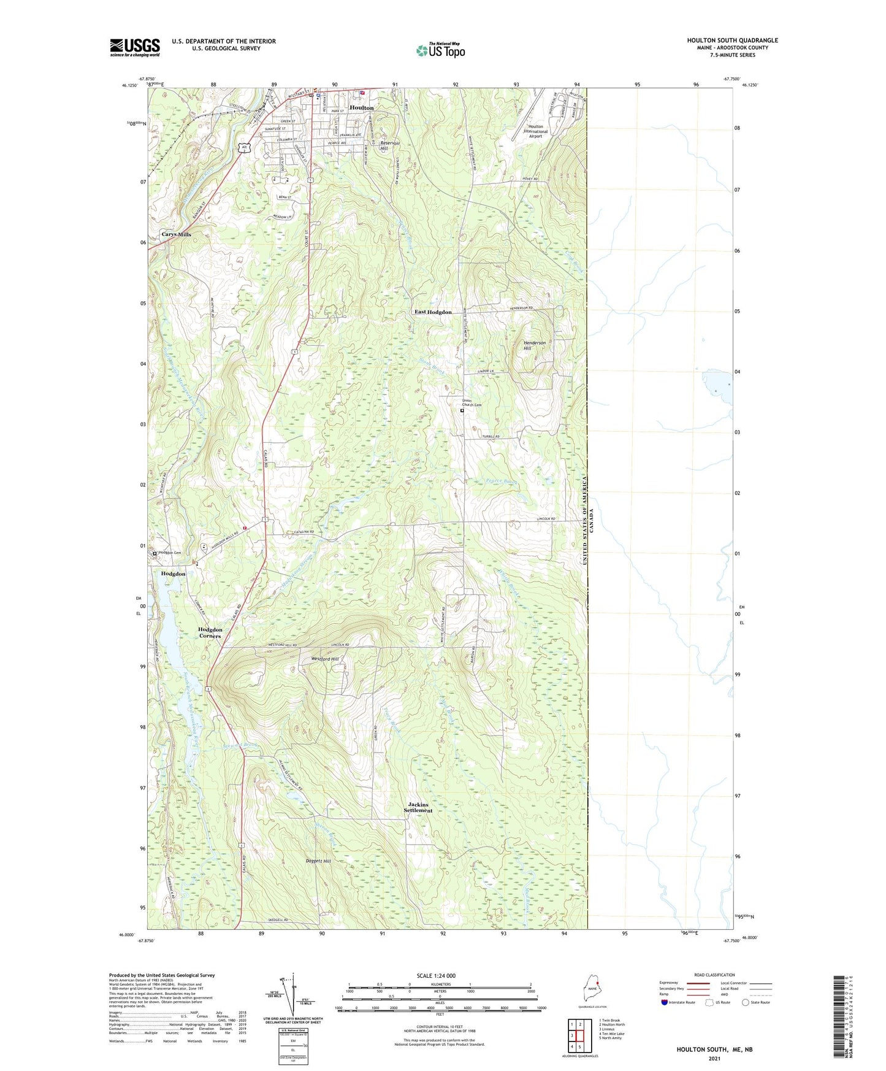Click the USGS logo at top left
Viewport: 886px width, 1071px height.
pos(135,47)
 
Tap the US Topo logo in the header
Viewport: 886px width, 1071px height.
pos(440,50)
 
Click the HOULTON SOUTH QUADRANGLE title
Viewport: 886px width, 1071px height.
pos(732,40)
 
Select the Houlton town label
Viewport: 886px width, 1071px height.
pos(361,108)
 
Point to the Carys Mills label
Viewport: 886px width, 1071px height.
pos(176,234)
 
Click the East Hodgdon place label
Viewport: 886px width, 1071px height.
pos(433,312)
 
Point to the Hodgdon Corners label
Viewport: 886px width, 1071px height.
pos(210,633)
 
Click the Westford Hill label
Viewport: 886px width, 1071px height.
pos(325,659)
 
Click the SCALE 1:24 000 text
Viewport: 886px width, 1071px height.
pos(436,976)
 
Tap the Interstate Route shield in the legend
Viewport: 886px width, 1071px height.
pos(665,1002)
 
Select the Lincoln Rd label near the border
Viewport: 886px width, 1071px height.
pos(546,520)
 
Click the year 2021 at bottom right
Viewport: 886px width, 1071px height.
pos(714,1059)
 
